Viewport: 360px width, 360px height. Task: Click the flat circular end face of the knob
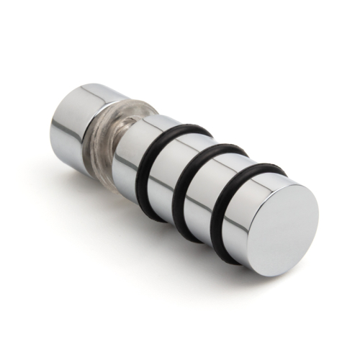coord(284,225)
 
